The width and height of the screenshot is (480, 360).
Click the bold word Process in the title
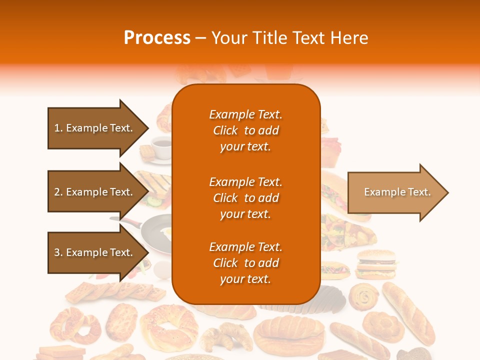pyautogui.click(x=157, y=38)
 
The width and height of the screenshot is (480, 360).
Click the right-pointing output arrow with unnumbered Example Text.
pyautogui.click(x=397, y=192)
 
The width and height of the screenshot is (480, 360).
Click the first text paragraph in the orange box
pyautogui.click(x=245, y=130)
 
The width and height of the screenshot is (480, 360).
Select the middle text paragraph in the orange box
pyautogui.click(x=245, y=198)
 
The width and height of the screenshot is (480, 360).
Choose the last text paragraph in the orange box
pyautogui.click(x=245, y=263)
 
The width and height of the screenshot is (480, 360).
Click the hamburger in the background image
pyautogui.click(x=376, y=263)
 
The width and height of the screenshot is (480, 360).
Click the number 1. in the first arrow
pyautogui.click(x=58, y=128)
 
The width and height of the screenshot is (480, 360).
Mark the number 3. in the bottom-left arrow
pyautogui.click(x=58, y=252)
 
